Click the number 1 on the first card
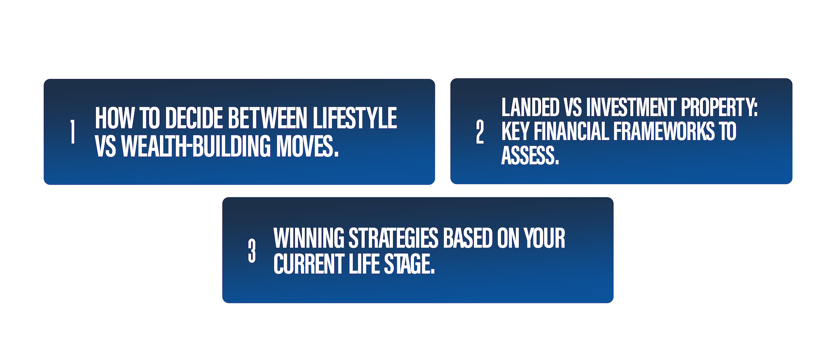73,131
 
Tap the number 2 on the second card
480,132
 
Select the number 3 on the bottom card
252,250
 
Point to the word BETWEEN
268,118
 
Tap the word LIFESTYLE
355,118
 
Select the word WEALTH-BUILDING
196,146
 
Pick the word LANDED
530,107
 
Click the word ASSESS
530,156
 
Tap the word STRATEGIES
394,238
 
